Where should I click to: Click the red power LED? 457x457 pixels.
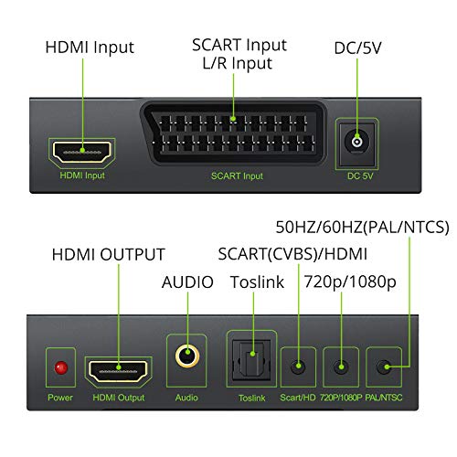pos(61,367)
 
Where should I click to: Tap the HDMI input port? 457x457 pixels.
pos(82,152)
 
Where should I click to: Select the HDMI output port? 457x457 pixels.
pos(118,371)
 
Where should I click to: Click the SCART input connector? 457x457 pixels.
pos(233,133)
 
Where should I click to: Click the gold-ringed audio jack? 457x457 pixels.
pos(187,356)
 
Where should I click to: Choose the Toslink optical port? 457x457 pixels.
pos(251,359)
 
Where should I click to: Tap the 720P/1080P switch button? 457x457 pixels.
pos(341,367)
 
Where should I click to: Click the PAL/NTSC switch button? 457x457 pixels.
pos(384,367)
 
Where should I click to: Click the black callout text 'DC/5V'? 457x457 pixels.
pos(357,48)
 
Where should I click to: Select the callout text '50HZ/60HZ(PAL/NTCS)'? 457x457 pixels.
pos(362,227)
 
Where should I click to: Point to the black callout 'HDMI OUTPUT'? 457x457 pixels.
pos(108,254)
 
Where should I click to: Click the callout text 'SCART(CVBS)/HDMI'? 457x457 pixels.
pos(292,254)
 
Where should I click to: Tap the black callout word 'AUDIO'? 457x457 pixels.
pos(187,282)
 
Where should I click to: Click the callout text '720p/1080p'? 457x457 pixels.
pos(350,282)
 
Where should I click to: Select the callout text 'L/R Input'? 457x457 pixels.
pos(238,63)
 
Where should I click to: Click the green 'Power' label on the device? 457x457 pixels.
pos(60,398)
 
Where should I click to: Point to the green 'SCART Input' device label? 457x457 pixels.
pos(237,175)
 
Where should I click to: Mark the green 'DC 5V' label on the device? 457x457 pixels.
pos(360,175)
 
